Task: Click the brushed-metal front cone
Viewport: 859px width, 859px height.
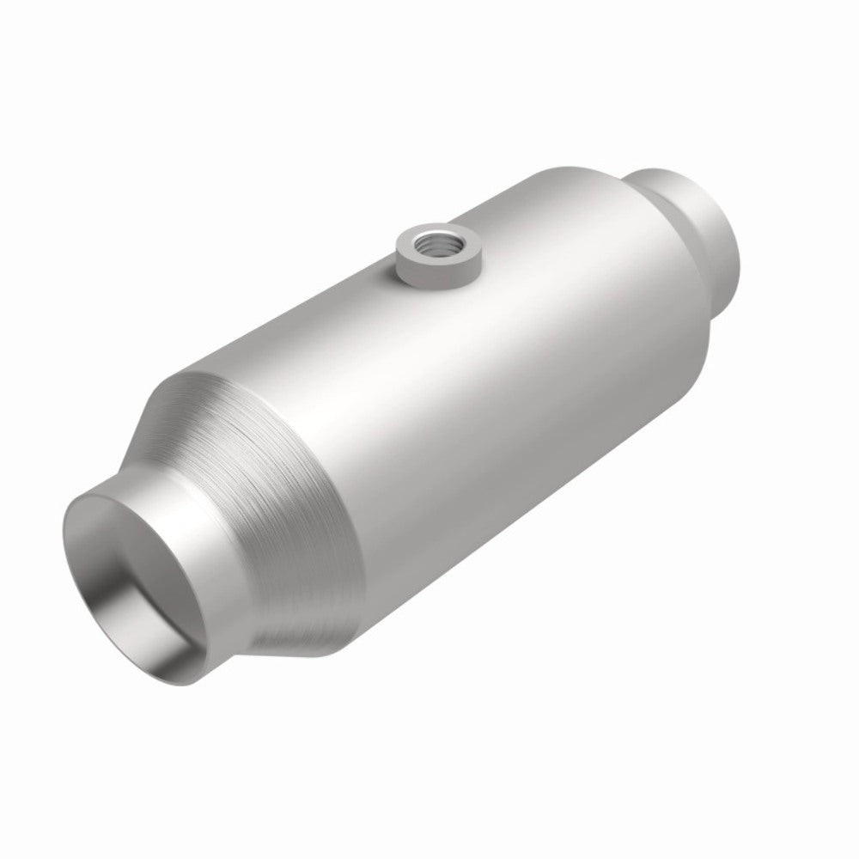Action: pos(283,481)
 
